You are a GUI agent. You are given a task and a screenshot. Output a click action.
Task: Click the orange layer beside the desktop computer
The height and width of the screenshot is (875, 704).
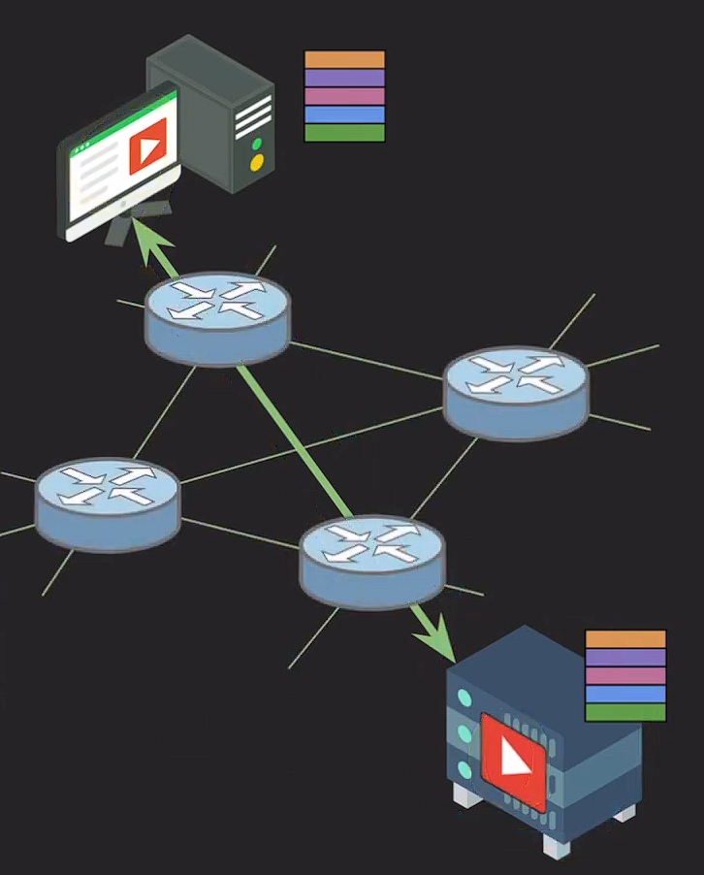(x=344, y=60)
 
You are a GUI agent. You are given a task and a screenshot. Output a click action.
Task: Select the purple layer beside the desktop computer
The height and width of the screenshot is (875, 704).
(x=344, y=79)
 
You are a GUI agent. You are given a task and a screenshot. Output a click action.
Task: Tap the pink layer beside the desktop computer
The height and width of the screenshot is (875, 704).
(x=344, y=96)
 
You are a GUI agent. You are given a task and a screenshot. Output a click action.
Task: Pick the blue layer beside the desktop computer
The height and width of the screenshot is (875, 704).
(x=344, y=114)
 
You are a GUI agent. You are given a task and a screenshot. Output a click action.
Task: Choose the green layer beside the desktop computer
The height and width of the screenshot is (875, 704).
(x=344, y=133)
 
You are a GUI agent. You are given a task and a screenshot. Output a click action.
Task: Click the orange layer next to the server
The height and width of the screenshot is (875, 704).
(x=625, y=639)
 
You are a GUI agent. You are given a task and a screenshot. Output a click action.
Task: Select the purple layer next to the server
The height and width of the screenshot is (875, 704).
(x=625, y=658)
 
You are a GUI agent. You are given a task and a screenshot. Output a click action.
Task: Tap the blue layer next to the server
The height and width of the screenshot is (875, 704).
(x=625, y=695)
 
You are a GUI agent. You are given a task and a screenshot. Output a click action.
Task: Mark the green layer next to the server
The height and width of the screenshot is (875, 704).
(x=625, y=712)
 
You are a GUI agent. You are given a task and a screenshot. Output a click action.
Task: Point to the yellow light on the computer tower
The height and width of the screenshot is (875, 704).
(x=257, y=164)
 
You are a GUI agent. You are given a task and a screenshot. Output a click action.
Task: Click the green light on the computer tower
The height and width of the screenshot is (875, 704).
(x=257, y=145)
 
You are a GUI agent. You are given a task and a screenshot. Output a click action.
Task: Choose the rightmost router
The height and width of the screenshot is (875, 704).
(x=515, y=392)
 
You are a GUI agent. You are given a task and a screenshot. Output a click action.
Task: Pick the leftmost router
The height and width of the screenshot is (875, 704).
(x=108, y=503)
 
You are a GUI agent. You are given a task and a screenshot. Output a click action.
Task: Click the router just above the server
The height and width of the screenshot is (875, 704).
(x=372, y=561)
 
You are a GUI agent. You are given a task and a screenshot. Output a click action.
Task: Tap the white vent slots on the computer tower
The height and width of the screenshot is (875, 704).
(x=253, y=114)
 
